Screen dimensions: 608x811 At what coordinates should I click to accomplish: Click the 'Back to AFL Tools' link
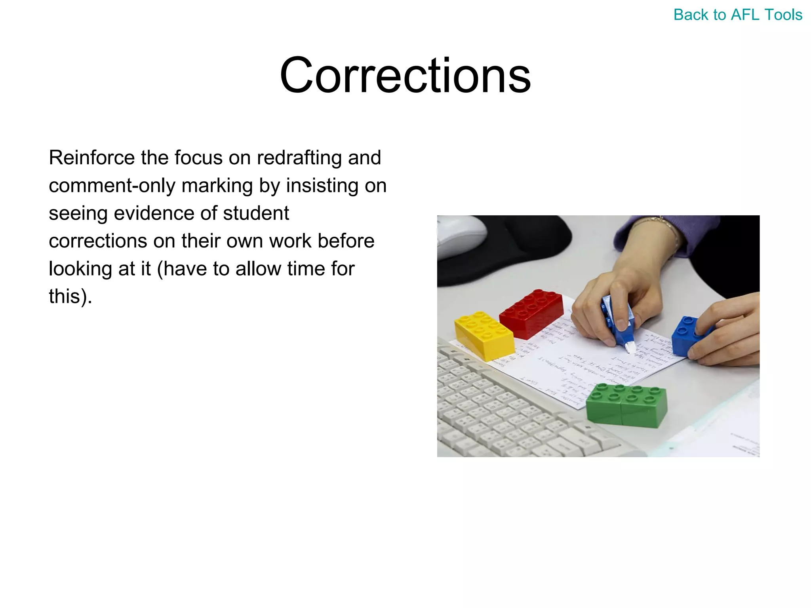pos(738,15)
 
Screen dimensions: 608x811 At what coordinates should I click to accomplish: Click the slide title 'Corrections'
pos(405,75)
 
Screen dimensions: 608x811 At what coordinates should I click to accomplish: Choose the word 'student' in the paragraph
pos(256,213)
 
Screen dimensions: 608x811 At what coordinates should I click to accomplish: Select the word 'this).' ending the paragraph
pos(70,296)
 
